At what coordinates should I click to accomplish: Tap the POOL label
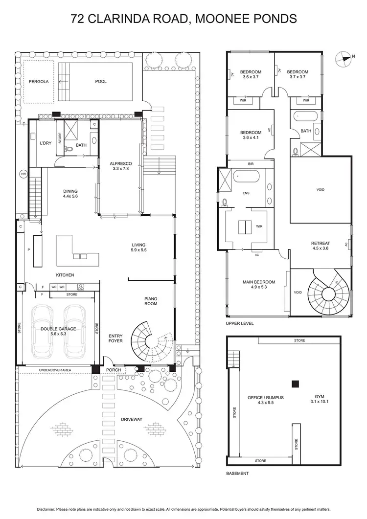100,82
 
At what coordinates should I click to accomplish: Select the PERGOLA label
39,82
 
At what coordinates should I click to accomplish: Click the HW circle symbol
23,174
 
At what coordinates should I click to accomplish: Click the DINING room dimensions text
70,196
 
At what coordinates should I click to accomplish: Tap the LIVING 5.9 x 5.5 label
139,248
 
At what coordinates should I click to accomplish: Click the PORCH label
114,370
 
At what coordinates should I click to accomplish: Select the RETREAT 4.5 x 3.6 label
321,246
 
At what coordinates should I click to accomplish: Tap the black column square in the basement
295,384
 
